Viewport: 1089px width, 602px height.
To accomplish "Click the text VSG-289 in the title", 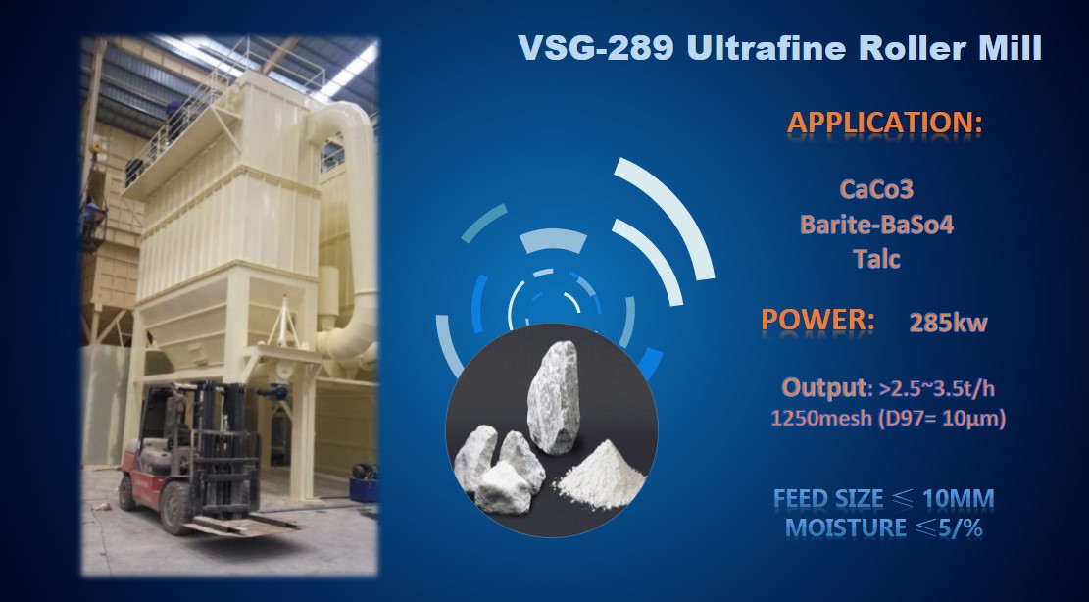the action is (x=596, y=48).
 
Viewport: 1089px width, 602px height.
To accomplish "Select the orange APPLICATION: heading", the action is (x=885, y=123).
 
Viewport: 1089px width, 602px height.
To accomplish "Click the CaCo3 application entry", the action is (x=875, y=189).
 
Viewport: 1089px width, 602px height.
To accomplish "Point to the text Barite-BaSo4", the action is (x=876, y=225).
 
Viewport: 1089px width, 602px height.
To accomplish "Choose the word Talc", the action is (x=876, y=259).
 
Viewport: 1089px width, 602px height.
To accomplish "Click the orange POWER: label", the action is (x=817, y=320).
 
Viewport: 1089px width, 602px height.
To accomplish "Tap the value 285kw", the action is (x=948, y=323).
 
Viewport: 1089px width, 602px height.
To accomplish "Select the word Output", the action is (x=824, y=388).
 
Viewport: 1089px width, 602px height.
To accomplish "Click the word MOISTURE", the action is (x=845, y=527).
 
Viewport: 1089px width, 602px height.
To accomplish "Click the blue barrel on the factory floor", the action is (x=363, y=489).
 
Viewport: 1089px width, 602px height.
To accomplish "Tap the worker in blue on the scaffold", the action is (x=91, y=216).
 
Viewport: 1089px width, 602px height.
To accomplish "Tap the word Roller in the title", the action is (x=913, y=48).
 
